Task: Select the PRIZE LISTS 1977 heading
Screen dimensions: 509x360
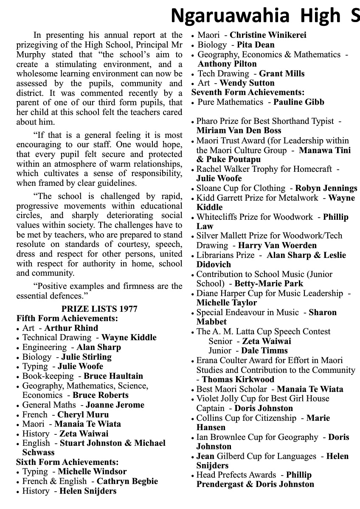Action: tap(99, 309)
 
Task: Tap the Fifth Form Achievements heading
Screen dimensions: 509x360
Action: tap(67, 318)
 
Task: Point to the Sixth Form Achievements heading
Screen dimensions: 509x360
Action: tap(67, 462)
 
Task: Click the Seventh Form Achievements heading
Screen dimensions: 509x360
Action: tap(248, 92)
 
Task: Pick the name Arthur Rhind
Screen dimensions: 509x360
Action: tap(71, 328)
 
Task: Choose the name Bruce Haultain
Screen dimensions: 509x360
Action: tap(113, 376)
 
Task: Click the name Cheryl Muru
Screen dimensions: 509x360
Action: tap(83, 414)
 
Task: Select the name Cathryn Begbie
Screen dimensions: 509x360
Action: tap(127, 481)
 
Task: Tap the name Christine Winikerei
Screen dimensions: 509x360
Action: tap(268, 35)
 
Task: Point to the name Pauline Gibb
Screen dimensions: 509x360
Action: tap(298, 102)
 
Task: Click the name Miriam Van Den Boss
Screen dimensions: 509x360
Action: tap(239, 131)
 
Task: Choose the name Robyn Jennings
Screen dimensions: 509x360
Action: tap(326, 188)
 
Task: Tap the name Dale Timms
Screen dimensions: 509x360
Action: tap(264, 350)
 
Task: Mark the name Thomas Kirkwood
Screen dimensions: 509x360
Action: tap(238, 379)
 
